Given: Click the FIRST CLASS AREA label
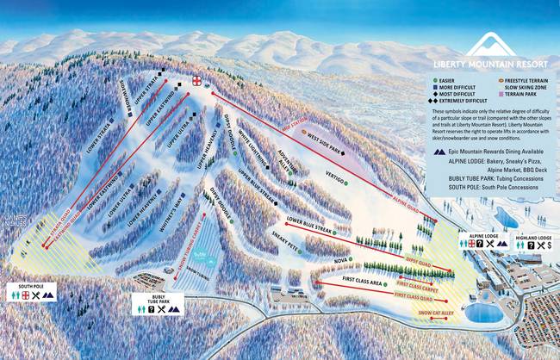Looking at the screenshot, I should pyautogui.click(x=362, y=282).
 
